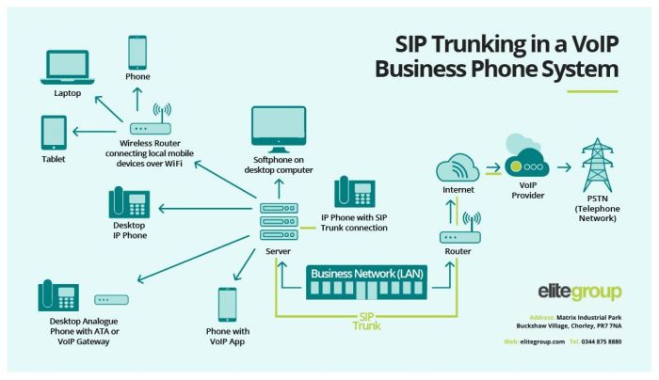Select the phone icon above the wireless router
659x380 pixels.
tap(138, 52)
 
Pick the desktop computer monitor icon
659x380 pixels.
tap(279, 128)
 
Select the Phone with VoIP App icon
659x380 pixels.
tap(227, 305)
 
